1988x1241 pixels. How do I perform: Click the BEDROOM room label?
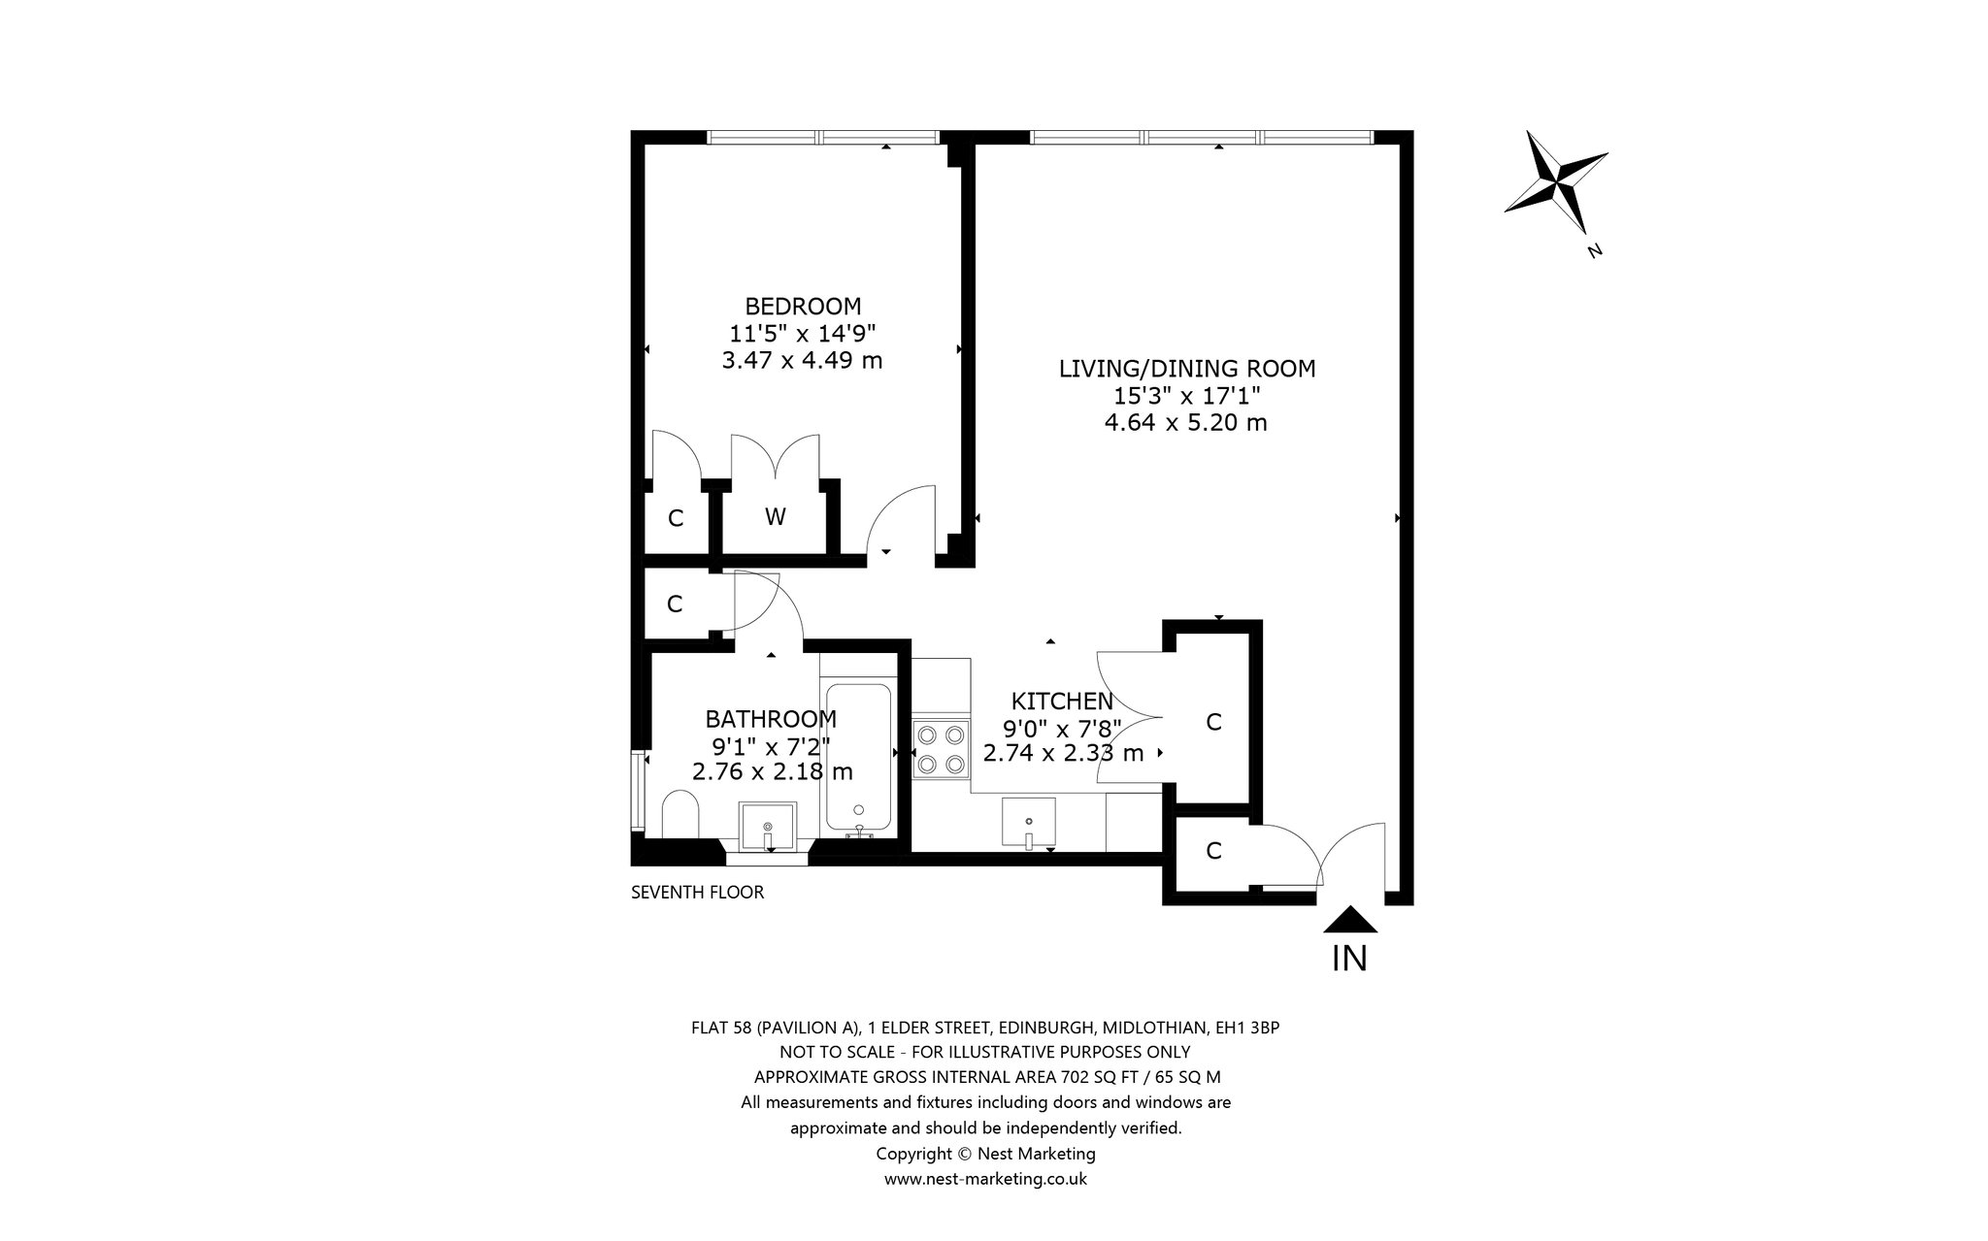click(x=803, y=307)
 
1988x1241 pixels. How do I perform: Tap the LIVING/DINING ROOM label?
click(x=1186, y=369)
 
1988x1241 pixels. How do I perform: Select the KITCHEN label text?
click(x=1062, y=701)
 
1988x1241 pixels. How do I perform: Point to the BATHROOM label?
click(x=771, y=719)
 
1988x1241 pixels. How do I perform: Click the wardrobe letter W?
click(x=775, y=517)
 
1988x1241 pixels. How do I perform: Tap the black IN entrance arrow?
click(x=1350, y=919)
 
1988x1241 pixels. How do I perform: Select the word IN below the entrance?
click(x=1349, y=959)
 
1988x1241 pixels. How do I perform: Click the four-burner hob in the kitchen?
click(x=942, y=749)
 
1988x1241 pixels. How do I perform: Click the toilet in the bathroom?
click(x=680, y=812)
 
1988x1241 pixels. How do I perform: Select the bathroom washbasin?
click(x=768, y=826)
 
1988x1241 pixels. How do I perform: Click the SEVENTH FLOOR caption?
click(x=698, y=893)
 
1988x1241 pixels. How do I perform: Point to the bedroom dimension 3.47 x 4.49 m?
click(x=803, y=361)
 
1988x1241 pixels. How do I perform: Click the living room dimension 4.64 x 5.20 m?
click(x=1186, y=422)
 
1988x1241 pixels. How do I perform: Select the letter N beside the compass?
click(x=1594, y=251)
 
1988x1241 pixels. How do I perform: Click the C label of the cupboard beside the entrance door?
click(x=1213, y=851)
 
